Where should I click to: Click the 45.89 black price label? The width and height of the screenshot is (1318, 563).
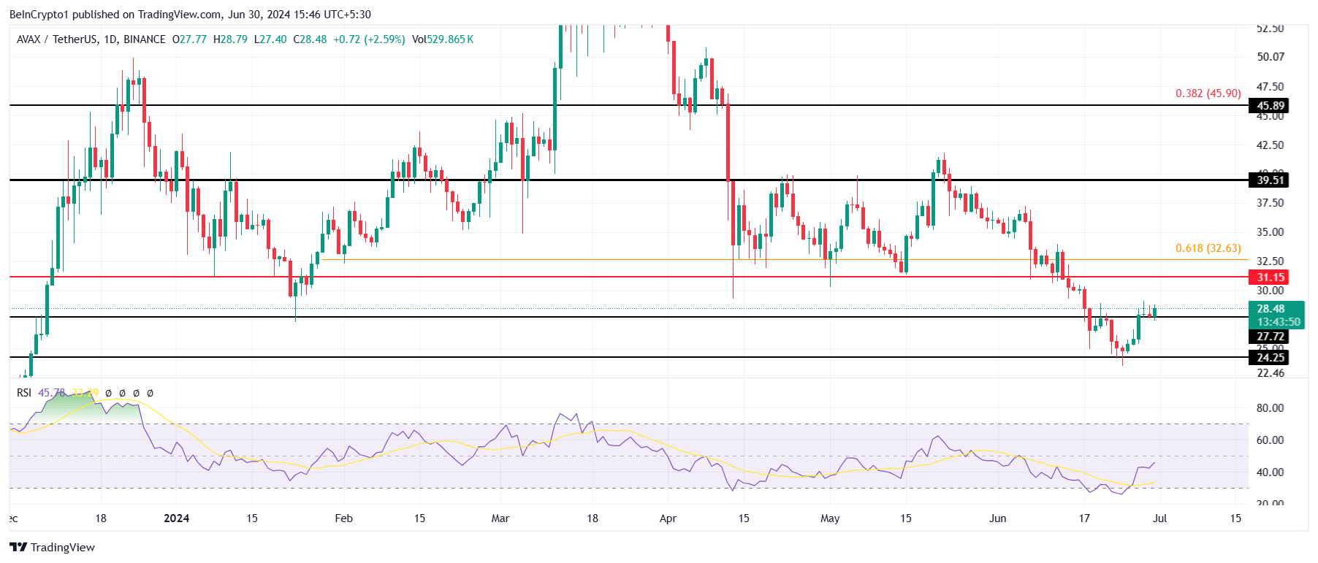pyautogui.click(x=1270, y=106)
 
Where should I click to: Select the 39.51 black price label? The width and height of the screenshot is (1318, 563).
pyautogui.click(x=1270, y=180)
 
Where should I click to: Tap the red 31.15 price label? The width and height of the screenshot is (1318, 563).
pyautogui.click(x=1270, y=277)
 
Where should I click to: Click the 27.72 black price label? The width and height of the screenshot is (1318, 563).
pyautogui.click(x=1270, y=337)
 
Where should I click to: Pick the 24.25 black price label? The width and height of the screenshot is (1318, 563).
pyautogui.click(x=1270, y=358)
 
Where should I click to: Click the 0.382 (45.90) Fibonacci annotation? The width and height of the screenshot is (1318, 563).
pyautogui.click(x=1208, y=93)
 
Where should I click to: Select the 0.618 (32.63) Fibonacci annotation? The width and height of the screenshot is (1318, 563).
pyautogui.click(x=1208, y=248)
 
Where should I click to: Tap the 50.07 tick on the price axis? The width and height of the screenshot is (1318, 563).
pyautogui.click(x=1270, y=57)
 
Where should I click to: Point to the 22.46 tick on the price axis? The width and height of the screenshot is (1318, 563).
pyautogui.click(x=1270, y=373)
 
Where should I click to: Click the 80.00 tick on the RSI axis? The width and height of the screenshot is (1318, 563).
pyautogui.click(x=1270, y=408)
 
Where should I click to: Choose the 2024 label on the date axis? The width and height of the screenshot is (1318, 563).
pyautogui.click(x=176, y=518)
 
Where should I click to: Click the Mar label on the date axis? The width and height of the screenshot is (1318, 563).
pyautogui.click(x=500, y=518)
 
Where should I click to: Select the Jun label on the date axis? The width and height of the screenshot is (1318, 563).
pyautogui.click(x=997, y=518)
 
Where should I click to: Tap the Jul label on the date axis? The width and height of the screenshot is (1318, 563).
pyautogui.click(x=1159, y=518)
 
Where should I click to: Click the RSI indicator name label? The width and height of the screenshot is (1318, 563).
pyautogui.click(x=24, y=393)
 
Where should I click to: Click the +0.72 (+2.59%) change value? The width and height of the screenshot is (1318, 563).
pyautogui.click(x=369, y=39)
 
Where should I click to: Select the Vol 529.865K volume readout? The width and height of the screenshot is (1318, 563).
pyautogui.click(x=443, y=39)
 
